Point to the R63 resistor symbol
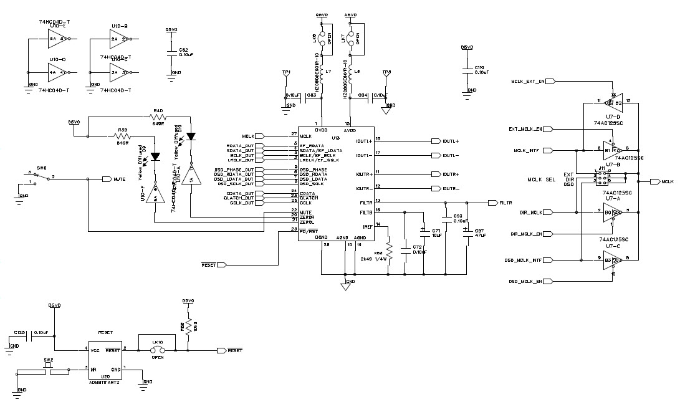click(x=388, y=246)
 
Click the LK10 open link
click(x=156, y=350)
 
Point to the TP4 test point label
click(x=286, y=72)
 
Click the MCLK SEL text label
click(x=542, y=180)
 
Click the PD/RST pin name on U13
click(x=307, y=231)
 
